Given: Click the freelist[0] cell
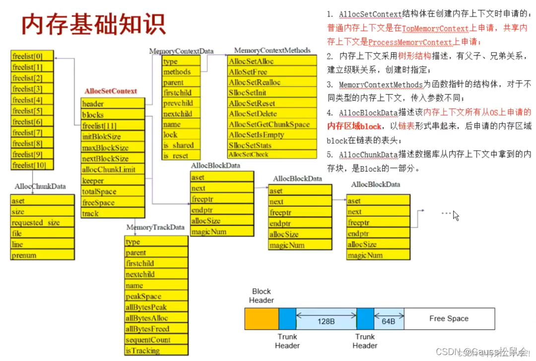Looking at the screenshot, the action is [32, 57].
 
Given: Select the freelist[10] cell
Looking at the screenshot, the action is [32, 165].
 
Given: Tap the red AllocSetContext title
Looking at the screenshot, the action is [111, 91].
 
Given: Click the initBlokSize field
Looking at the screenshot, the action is [113, 137].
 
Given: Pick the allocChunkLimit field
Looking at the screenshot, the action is [113, 170].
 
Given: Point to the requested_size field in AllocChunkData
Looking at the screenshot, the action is [42, 223].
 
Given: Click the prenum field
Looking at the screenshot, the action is [42, 255].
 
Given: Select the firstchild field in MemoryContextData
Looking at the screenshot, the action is [182, 93].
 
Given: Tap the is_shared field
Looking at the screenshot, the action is [182, 145].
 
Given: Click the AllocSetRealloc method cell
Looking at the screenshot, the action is [272, 83].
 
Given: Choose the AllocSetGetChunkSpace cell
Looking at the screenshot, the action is [272, 124].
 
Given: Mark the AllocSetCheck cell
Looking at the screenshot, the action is [272, 154].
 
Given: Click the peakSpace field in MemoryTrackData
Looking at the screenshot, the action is [156, 297].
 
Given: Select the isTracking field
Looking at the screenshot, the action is [156, 351].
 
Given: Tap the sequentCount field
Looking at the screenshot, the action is [156, 340].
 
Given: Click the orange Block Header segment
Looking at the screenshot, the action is [262, 319].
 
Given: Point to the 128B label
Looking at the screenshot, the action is [326, 321].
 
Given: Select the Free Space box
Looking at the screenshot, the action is [449, 319].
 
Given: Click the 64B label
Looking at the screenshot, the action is [389, 321].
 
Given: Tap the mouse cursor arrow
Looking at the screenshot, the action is [456, 215].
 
